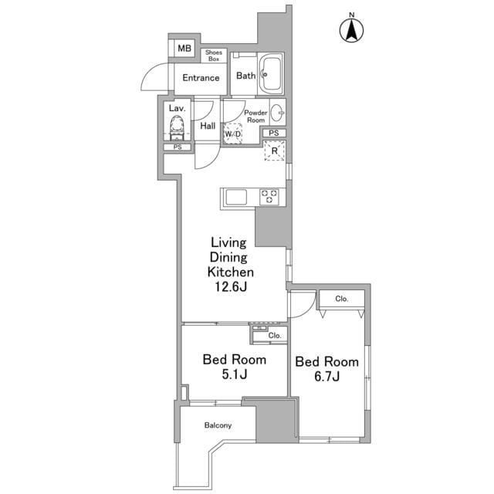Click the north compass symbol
(x=352, y=29)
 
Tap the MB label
(x=184, y=48)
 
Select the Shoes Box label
(x=214, y=56)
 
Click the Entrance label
(x=201, y=77)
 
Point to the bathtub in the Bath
(x=271, y=74)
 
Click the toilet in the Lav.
(x=177, y=127)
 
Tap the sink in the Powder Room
(x=277, y=112)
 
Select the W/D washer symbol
(x=233, y=134)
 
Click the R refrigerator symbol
(x=275, y=151)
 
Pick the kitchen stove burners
(x=269, y=197)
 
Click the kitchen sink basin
(x=236, y=197)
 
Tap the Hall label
(x=208, y=126)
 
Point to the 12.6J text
(x=231, y=286)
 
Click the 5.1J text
(x=235, y=374)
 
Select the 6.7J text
(x=327, y=376)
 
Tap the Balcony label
(x=218, y=425)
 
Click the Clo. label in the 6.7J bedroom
(x=341, y=299)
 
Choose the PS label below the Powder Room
(x=274, y=133)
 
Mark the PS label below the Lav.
(x=178, y=147)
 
